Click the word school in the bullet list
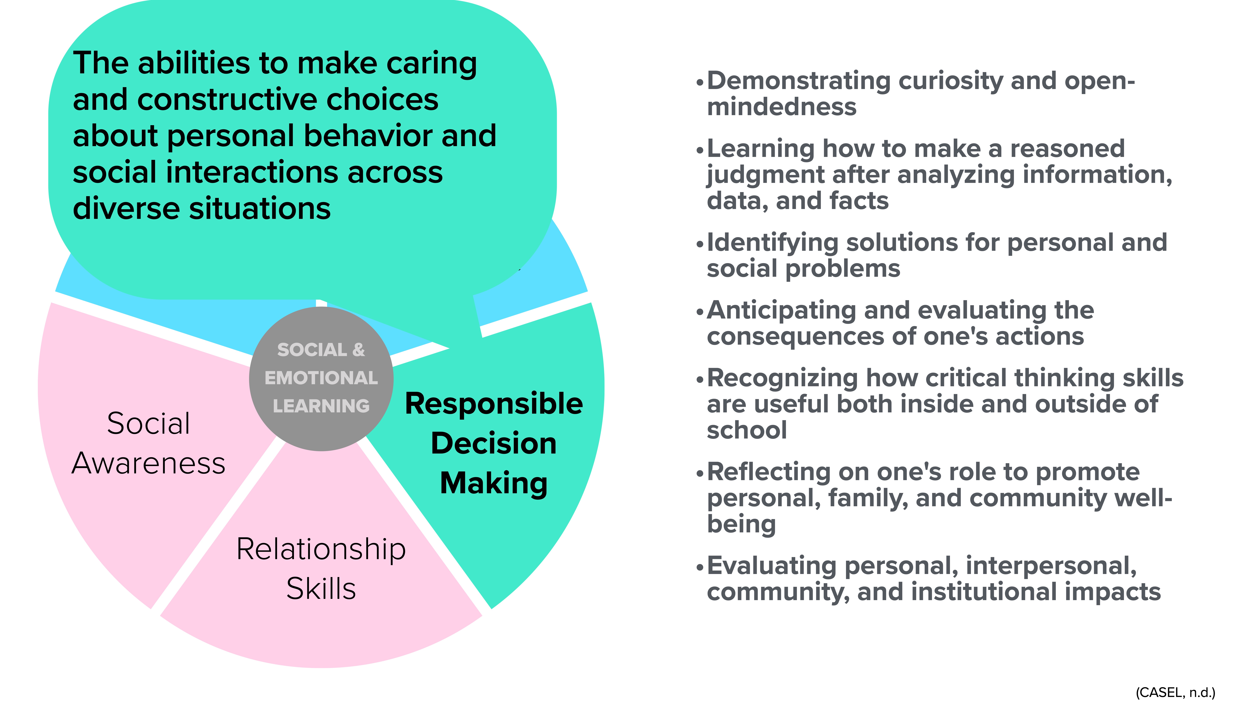pyautogui.click(x=746, y=430)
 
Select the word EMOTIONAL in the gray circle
pyautogui.click(x=321, y=378)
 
